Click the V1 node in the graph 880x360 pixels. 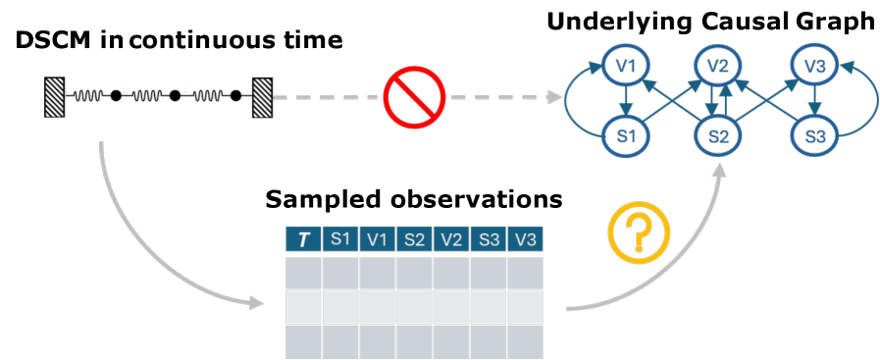pos(625,67)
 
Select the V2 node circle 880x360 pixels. pos(718,67)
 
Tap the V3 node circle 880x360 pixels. pos(813,67)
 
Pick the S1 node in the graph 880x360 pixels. pos(625,135)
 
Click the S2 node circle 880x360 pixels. pos(718,135)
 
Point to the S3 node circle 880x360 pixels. pos(813,135)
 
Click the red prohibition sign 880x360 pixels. pos(414,97)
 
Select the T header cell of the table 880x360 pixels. pos(303,239)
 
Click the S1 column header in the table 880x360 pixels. pos(340,239)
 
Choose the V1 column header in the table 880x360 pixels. pos(378,239)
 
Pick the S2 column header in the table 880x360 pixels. pos(414,239)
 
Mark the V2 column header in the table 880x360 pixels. pos(451,239)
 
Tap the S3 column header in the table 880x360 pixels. pos(489,239)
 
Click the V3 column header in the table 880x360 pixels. pos(525,239)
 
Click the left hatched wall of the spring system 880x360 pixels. pos(54,96)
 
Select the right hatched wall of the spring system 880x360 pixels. pos(263,96)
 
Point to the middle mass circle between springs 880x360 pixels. pos(176,96)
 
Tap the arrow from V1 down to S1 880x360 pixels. pos(625,101)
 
